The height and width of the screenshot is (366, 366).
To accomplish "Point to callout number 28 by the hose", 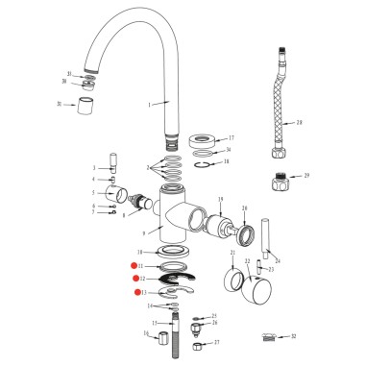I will pyautogui.click(x=300, y=123).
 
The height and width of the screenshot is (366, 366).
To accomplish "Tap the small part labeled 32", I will pyautogui.click(x=273, y=337).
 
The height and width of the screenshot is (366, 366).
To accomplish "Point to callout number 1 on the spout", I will pyautogui.click(x=163, y=103).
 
